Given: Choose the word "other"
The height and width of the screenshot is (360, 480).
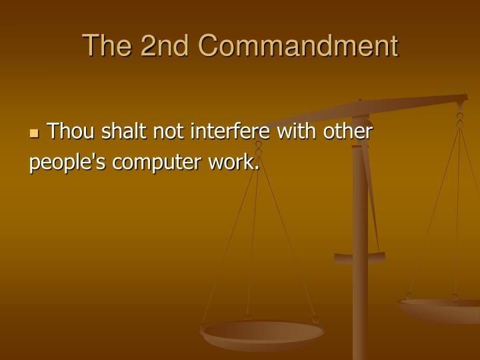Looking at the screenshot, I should pos(348,132).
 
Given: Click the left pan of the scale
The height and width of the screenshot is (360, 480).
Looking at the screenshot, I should pos(262,332).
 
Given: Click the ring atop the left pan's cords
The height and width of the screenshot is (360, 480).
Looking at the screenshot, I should pos(259,145).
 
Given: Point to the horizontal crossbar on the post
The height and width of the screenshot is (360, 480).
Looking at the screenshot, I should pos(359,257).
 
